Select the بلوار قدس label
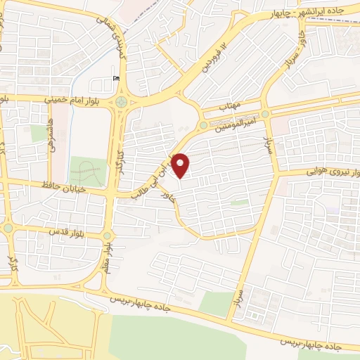click(x=66, y=231)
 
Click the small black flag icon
click(x=117, y=78)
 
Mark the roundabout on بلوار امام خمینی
click(x=124, y=103)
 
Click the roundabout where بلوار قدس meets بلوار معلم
click(x=108, y=236)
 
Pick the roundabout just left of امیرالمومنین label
click(x=203, y=125)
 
